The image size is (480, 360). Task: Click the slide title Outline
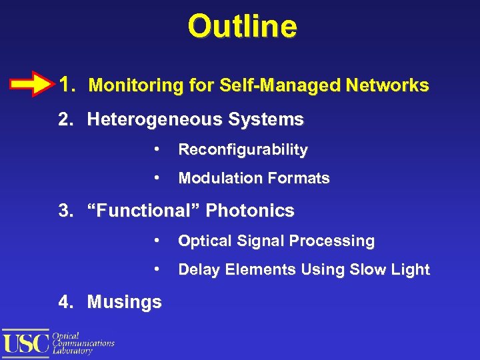pyautogui.click(x=242, y=27)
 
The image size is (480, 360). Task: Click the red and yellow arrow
pyautogui.click(x=31, y=85)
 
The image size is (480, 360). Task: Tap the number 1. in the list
pyautogui.click(x=67, y=85)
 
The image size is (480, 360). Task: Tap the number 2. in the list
pyautogui.click(x=65, y=120)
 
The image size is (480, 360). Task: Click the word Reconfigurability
pyautogui.click(x=243, y=150)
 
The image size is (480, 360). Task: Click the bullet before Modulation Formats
pyautogui.click(x=155, y=177)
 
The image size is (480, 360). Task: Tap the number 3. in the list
pyautogui.click(x=65, y=211)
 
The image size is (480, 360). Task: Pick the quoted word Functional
pyautogui.click(x=144, y=211)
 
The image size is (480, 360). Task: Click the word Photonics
pyautogui.click(x=250, y=211)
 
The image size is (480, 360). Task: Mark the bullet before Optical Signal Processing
pyautogui.click(x=155, y=240)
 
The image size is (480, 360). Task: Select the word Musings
pyautogui.click(x=124, y=302)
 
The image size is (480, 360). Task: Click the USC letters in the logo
pyautogui.click(x=26, y=343)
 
